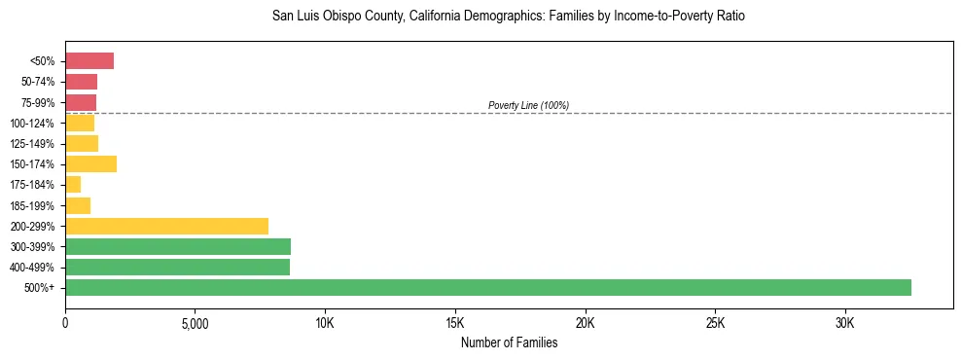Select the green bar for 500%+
[x=487, y=287]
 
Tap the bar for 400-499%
[x=177, y=267]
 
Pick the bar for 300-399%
[x=178, y=246]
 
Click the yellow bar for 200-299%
[x=166, y=226]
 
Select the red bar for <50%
[x=89, y=61]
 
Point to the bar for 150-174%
[x=90, y=164]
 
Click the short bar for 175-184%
[x=73, y=185]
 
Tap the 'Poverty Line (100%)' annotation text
[x=528, y=105]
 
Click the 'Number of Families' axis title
[x=509, y=342]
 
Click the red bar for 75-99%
[x=81, y=102]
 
